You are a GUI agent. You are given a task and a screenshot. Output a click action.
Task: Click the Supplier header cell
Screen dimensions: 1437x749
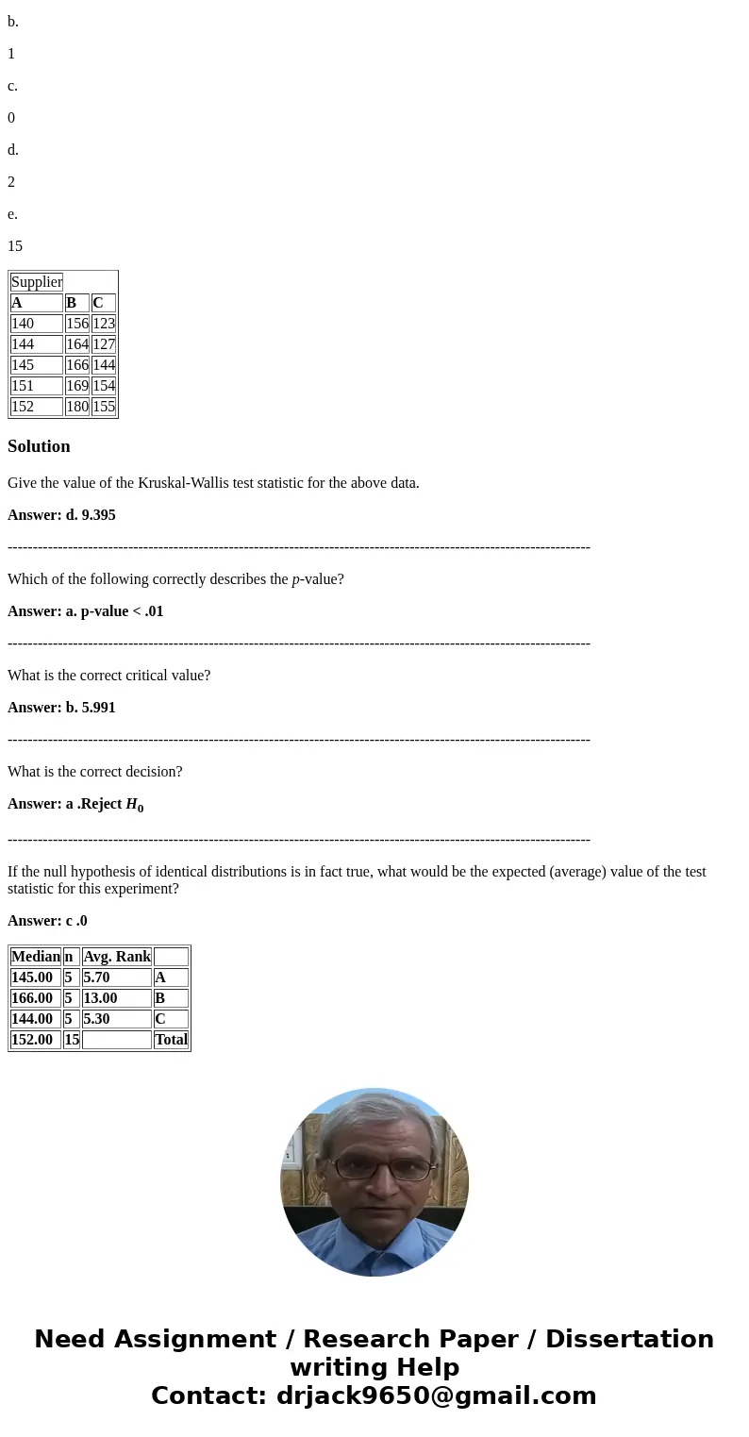click(x=37, y=282)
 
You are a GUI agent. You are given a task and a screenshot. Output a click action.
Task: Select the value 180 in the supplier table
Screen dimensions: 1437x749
click(x=77, y=407)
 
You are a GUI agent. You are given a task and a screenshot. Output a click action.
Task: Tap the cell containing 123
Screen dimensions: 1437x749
click(x=104, y=324)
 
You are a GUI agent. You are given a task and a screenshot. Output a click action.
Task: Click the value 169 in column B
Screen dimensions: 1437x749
click(x=77, y=386)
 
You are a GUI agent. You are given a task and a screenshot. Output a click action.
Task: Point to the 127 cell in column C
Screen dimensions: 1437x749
click(x=104, y=344)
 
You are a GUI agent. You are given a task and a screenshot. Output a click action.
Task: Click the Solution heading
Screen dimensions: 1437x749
click(x=39, y=446)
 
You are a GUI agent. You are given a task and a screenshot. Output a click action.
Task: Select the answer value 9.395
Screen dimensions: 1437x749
click(x=98, y=515)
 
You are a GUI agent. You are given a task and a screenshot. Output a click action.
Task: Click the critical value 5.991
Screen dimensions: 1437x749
click(x=98, y=708)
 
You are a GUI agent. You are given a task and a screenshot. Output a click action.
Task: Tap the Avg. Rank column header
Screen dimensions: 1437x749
click(x=117, y=957)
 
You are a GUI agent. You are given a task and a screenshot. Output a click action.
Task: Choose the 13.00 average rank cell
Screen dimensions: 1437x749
click(x=100, y=998)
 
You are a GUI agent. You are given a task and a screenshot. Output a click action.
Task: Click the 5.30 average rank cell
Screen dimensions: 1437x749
click(x=96, y=1019)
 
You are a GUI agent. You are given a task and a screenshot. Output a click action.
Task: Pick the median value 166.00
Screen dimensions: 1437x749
click(x=32, y=998)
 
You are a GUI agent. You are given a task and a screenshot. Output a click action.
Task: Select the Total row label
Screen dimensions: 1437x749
click(x=171, y=1040)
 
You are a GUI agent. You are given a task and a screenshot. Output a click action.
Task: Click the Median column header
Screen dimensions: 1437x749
click(x=36, y=957)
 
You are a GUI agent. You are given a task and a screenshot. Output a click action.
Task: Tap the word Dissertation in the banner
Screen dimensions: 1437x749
click(x=629, y=1340)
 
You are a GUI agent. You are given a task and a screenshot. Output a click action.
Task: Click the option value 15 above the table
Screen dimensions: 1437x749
click(x=15, y=246)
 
